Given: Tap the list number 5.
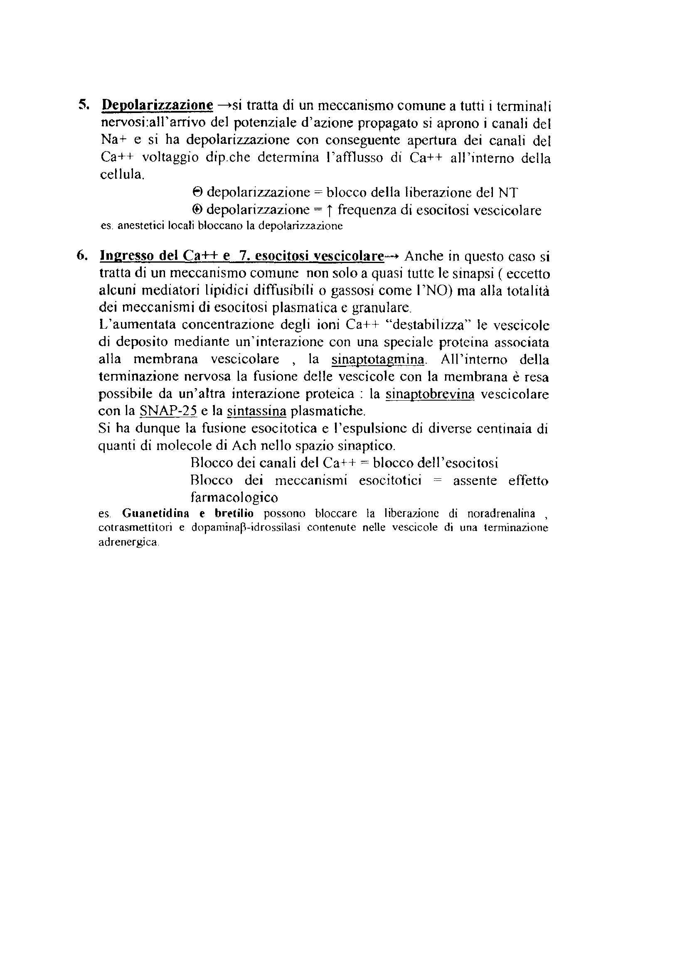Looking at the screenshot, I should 82,105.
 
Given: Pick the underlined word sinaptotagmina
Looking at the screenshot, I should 377,360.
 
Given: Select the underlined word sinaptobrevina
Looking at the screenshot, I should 430,394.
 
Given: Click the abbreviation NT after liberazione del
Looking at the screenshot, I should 508,193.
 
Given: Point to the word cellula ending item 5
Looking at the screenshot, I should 121,175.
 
